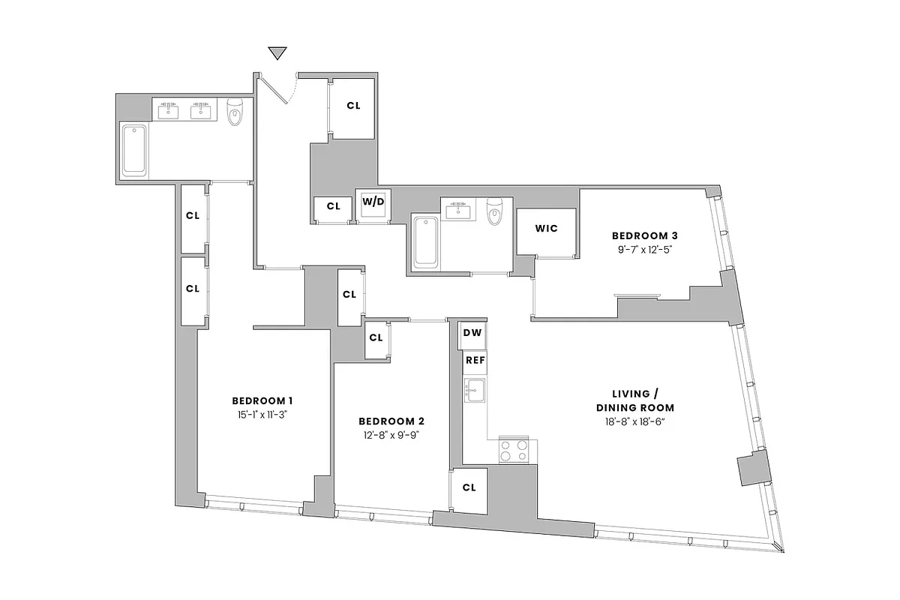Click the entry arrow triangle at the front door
pos(278,53)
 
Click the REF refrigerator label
pos(475,361)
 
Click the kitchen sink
pos(474,390)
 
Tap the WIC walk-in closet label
pos(546,229)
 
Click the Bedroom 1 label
pos(262,400)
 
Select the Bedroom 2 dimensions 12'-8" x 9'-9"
pos(388,434)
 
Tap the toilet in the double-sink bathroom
pos(236,112)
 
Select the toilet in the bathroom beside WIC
pos(494,211)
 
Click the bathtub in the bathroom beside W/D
pos(426,241)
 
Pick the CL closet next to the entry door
pos(353,106)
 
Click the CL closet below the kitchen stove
pos(469,487)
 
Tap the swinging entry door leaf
pos(274,88)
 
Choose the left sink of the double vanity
pos(168,112)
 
